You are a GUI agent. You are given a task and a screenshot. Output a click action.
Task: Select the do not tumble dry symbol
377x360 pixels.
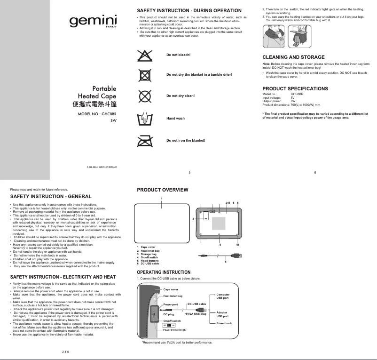144,75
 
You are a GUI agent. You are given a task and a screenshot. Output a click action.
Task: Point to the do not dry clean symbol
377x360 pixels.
144,96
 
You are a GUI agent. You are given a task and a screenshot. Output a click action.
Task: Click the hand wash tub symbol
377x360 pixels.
144,118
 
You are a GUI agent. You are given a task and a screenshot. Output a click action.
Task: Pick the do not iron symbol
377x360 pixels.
144,140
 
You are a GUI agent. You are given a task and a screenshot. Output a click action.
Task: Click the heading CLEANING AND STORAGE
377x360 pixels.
293,57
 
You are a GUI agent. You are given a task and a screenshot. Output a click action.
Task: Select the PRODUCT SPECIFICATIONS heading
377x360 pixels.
295,88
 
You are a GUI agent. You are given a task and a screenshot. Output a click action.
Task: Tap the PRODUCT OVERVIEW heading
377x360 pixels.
162,190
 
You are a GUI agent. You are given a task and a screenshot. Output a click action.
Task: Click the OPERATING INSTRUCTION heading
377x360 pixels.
163,272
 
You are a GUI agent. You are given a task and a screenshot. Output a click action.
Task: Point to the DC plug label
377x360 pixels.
168,314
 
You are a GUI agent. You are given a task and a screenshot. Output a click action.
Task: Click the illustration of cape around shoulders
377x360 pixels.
272,36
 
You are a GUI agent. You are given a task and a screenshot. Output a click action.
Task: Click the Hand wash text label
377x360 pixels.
175,119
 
